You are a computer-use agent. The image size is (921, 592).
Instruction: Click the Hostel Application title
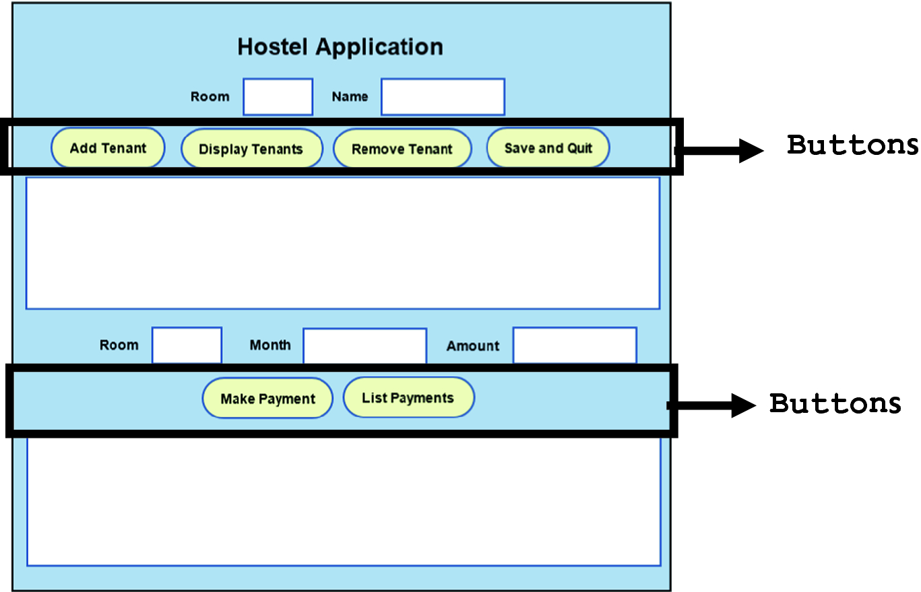(x=340, y=47)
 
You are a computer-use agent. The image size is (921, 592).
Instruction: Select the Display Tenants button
(x=251, y=149)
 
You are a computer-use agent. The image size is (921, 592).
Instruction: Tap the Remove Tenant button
(x=402, y=149)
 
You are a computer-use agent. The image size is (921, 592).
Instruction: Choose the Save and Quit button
(x=548, y=147)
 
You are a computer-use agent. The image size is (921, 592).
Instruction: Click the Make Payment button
(x=267, y=399)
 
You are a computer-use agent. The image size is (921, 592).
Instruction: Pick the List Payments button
(x=408, y=397)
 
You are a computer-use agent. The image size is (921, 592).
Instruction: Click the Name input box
(x=443, y=97)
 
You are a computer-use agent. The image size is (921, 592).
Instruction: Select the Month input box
(x=364, y=346)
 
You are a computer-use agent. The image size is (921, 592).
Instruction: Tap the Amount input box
(x=575, y=346)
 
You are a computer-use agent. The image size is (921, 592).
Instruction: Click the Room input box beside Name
(x=278, y=97)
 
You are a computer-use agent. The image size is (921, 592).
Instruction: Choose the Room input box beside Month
(x=187, y=346)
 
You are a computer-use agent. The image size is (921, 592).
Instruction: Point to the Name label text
(x=350, y=97)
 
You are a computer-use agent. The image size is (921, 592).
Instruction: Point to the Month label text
(x=270, y=345)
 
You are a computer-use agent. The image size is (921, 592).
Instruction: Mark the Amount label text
(x=473, y=346)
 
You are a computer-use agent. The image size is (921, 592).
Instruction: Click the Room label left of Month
(x=119, y=345)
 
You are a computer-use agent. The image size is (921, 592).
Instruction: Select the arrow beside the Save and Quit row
(x=721, y=150)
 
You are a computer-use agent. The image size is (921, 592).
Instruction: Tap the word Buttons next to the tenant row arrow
(x=852, y=145)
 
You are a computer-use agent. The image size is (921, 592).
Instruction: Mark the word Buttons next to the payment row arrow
(x=835, y=403)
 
